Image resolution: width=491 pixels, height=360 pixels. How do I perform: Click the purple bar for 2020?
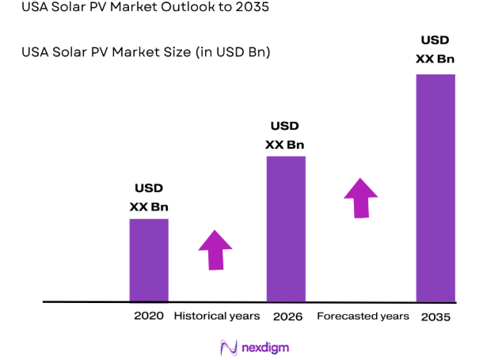tap(149, 260)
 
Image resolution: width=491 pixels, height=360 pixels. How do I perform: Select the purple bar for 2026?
tap(285, 229)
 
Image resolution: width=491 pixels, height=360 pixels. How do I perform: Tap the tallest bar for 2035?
tap(436, 188)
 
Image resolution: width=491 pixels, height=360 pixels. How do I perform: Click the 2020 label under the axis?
tap(149, 316)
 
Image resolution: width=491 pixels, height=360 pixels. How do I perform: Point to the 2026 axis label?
tap(287, 316)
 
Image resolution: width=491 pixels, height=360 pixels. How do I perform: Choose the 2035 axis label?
tap(436, 316)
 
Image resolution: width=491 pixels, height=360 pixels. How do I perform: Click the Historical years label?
tap(216, 316)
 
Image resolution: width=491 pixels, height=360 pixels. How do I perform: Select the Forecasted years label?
tap(363, 316)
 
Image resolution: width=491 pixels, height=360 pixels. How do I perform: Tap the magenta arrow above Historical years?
tap(215, 250)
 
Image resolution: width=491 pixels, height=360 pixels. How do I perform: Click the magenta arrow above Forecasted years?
tap(361, 198)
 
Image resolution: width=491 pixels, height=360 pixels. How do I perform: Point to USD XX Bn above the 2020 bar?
tap(149, 198)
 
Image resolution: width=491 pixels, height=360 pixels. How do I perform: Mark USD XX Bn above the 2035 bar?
tap(436, 49)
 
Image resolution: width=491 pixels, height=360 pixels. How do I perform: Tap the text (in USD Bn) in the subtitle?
tap(230, 53)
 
